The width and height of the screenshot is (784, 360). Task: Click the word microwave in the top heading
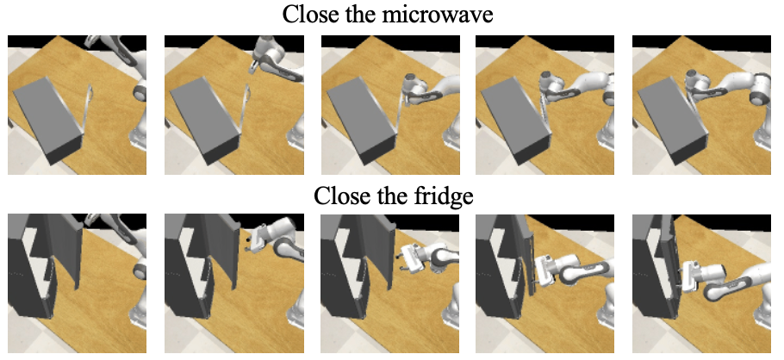click(x=438, y=15)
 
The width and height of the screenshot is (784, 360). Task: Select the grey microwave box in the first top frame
click(x=47, y=120)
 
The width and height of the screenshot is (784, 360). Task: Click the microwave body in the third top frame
click(x=360, y=120)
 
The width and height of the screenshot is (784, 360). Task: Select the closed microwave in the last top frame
click(x=673, y=120)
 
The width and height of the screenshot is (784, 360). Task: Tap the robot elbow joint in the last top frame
click(x=757, y=85)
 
